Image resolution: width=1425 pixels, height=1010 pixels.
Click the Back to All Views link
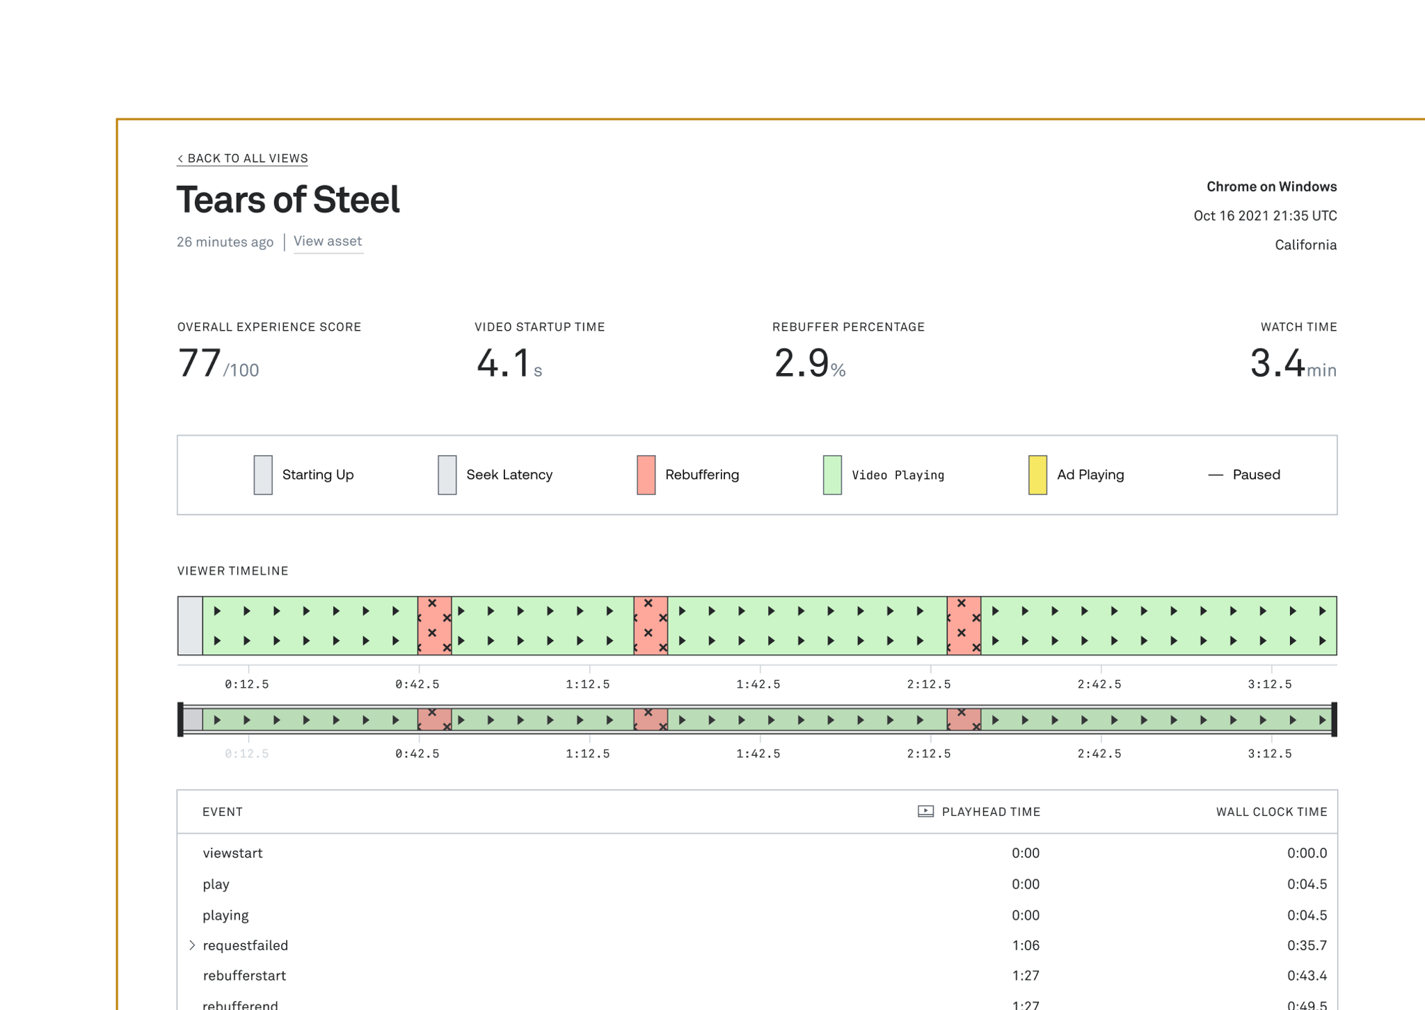coord(242,159)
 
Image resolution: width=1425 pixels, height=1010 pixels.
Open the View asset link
coord(328,242)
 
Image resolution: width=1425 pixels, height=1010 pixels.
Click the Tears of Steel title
coord(288,200)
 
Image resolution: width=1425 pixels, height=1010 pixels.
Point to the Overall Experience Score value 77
coord(200,363)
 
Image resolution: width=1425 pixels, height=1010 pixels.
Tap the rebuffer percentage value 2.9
coord(802,363)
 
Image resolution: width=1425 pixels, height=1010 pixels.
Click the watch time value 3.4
coord(1277,363)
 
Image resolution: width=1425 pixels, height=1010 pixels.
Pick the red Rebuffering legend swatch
coord(646,475)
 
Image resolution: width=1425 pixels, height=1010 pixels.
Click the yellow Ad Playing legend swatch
coord(1037,475)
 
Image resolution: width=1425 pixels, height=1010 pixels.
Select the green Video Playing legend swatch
coord(832,475)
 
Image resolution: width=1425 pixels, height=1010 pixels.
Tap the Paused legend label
coord(1256,475)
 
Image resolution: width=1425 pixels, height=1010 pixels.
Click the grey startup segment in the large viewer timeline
coord(190,626)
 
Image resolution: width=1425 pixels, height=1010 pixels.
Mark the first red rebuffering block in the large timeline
coord(435,626)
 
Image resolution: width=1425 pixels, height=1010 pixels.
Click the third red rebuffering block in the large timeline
coord(964,626)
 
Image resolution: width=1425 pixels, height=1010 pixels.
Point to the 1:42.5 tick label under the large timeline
coord(758,684)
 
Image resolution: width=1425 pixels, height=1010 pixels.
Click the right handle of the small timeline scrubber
coord(1334,719)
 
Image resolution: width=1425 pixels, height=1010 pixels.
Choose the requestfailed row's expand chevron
coord(192,945)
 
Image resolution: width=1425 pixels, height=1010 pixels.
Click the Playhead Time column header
coord(990,812)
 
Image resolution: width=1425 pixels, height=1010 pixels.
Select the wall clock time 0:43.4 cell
coord(1306,976)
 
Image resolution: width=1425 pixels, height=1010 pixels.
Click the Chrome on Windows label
coord(1271,187)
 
